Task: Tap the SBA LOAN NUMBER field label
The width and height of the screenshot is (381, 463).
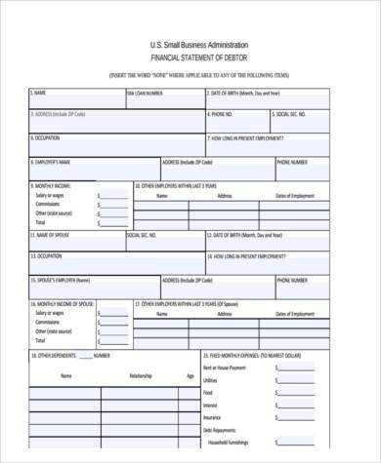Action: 146,94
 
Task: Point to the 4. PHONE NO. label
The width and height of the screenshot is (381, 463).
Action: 220,115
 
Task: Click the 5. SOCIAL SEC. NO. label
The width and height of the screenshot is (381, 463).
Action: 296,115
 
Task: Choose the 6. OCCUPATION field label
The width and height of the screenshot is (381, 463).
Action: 46,138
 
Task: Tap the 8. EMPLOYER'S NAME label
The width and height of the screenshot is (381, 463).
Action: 52,161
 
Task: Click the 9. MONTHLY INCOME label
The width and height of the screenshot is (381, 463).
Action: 52,184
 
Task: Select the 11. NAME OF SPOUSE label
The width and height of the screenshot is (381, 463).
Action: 52,235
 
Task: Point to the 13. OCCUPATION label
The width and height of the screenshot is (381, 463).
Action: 48,256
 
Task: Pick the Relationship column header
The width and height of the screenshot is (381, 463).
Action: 141,375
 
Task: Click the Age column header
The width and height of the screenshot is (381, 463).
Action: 190,375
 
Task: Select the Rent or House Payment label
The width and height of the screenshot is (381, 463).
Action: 227,368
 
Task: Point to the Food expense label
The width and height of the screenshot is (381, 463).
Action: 207,392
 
